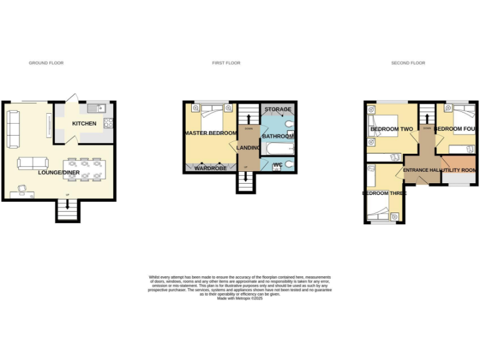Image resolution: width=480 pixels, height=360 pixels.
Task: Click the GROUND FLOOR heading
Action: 46,63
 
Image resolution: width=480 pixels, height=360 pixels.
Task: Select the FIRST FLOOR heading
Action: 226,63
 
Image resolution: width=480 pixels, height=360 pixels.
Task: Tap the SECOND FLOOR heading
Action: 408,63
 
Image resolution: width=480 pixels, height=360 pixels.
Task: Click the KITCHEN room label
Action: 84,124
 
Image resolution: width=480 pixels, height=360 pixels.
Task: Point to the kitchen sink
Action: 97,107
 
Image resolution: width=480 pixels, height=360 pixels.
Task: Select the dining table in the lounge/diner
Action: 84,169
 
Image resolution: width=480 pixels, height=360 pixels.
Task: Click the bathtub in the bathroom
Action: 280,149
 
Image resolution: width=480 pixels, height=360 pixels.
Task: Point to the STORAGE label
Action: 277,109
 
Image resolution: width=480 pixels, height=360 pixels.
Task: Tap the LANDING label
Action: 248,147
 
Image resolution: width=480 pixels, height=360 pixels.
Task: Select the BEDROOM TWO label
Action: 392,129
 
